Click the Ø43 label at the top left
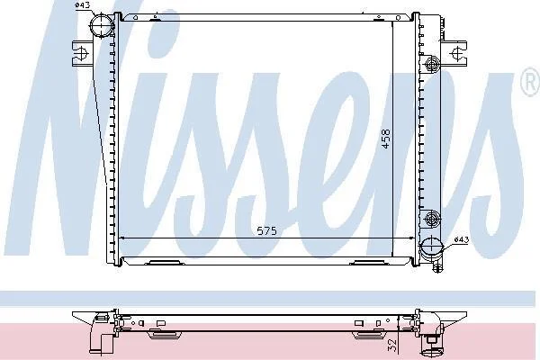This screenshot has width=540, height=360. [x=82, y=4]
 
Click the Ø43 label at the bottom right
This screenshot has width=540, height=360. [x=462, y=239]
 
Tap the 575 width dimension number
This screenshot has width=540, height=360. [x=267, y=230]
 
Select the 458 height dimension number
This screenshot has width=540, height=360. [x=386, y=139]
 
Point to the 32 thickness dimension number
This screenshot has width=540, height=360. [x=392, y=346]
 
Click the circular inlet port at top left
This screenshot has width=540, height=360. [x=102, y=23]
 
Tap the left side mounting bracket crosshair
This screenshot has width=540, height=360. [x=82, y=54]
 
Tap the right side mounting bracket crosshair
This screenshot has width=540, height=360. [x=457, y=53]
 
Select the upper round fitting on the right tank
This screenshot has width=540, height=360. [x=431, y=64]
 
